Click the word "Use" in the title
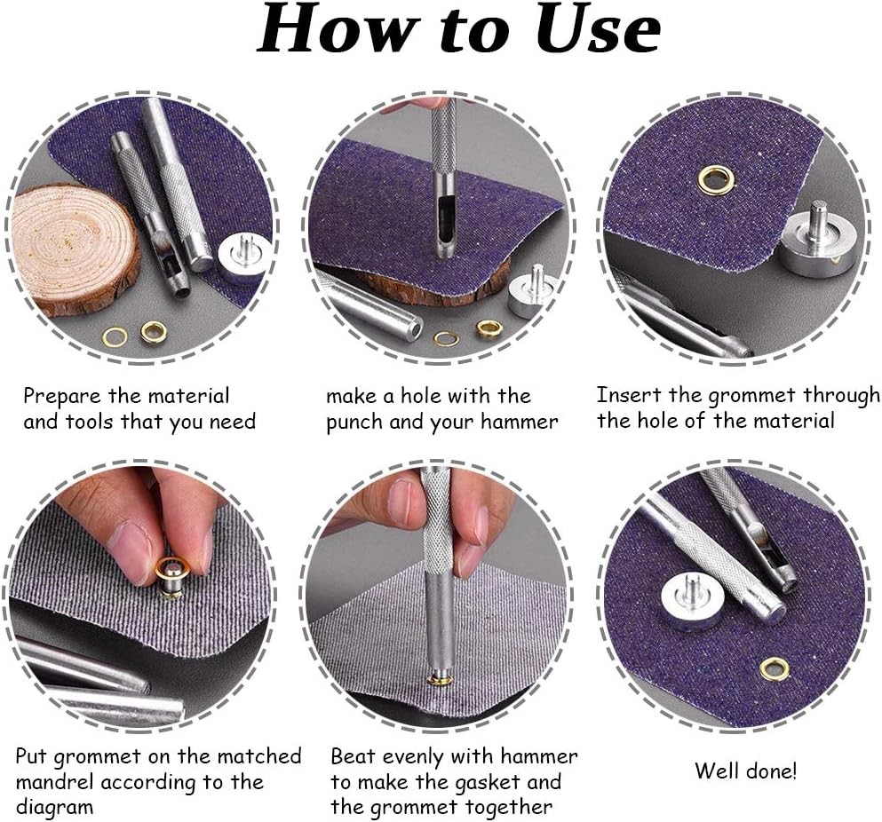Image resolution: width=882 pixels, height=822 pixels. (598, 28)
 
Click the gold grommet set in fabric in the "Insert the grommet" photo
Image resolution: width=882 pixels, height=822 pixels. (716, 180)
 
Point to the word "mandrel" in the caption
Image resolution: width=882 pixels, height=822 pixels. (54, 782)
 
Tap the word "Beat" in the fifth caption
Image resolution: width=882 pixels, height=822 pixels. (352, 756)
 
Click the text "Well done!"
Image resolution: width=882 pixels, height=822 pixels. (745, 771)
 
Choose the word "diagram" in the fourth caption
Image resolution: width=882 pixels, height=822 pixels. (54, 808)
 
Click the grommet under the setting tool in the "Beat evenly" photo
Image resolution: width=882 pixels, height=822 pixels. (440, 680)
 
